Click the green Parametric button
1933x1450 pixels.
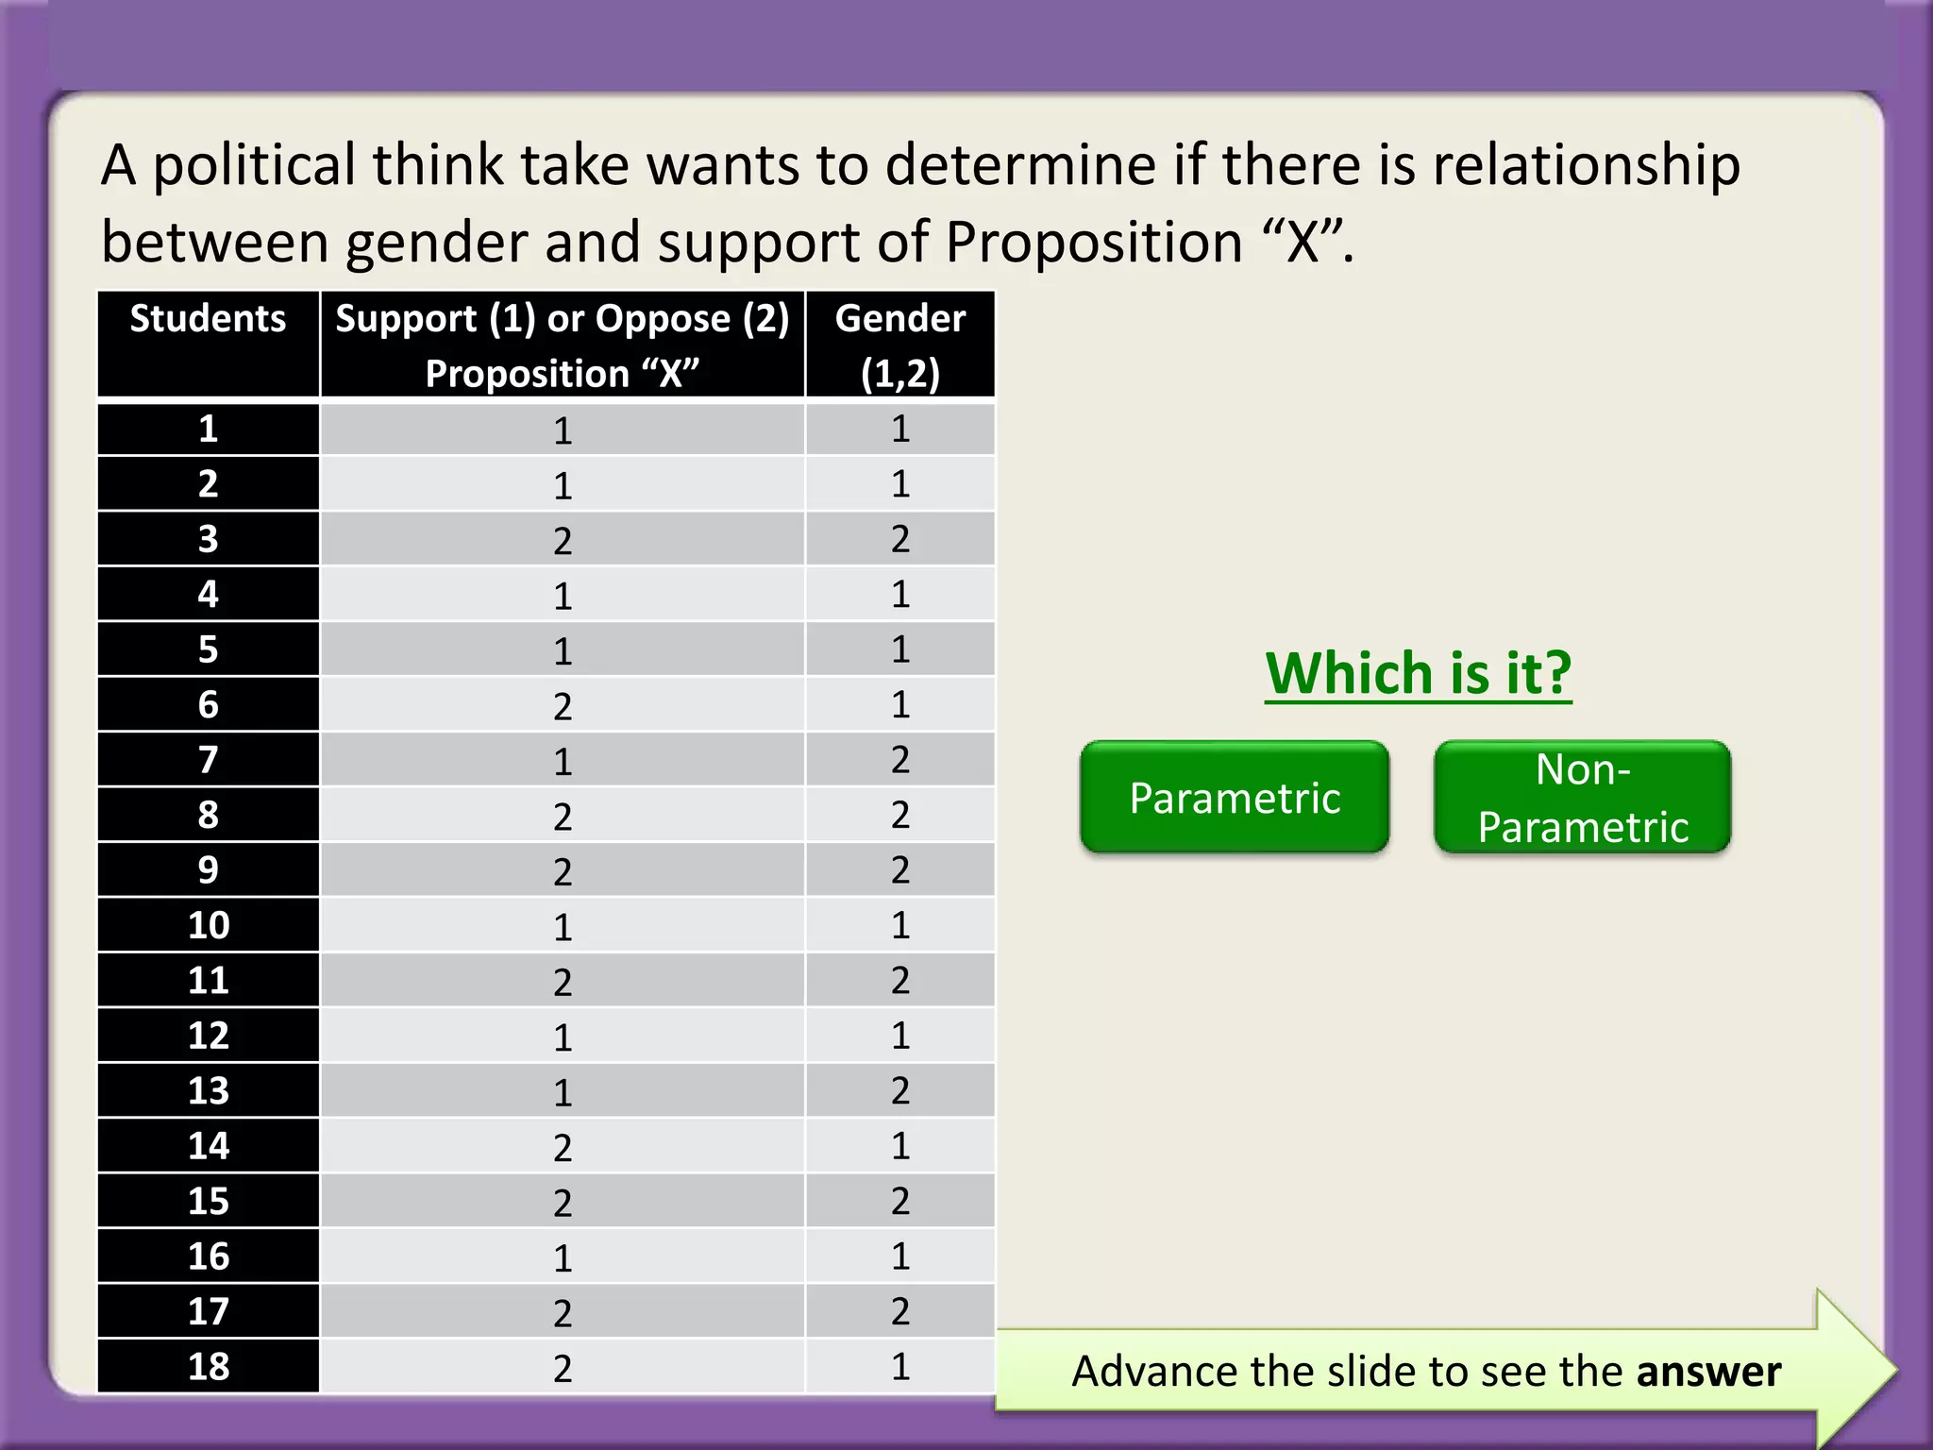[1234, 798]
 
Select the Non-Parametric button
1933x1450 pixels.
[1582, 798]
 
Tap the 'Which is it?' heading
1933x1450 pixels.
[1418, 673]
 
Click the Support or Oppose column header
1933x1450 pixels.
[563, 344]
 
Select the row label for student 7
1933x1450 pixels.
[208, 760]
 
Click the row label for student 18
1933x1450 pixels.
[208, 1366]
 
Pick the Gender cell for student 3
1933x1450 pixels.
[900, 539]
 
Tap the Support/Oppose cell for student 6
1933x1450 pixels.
[563, 705]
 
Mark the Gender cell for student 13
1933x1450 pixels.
[900, 1090]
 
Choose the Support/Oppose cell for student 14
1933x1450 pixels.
[563, 1147]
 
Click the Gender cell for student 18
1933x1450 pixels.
[900, 1366]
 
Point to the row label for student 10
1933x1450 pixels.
[208, 925]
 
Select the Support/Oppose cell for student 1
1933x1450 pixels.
[563, 430]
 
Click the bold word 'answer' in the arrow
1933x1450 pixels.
[1708, 1372]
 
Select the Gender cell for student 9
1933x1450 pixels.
[900, 870]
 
